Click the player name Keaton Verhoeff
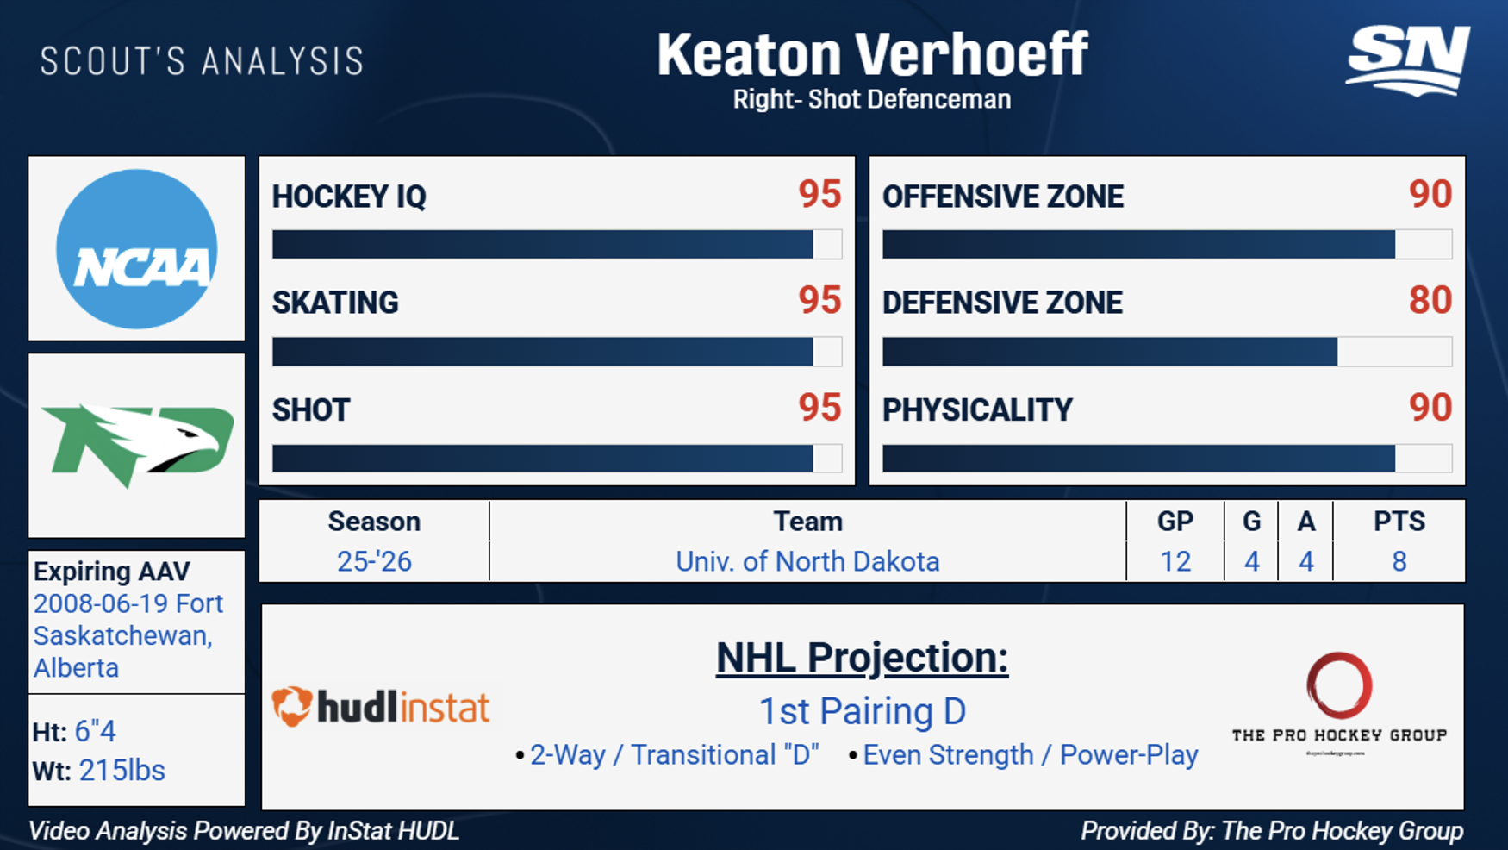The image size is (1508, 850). [x=871, y=55]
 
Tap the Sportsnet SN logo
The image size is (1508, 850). [x=1407, y=59]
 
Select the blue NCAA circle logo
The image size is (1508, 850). [x=136, y=249]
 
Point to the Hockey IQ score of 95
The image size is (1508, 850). [x=819, y=194]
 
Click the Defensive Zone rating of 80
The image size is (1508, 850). [x=1430, y=301]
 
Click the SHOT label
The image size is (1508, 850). [x=311, y=409]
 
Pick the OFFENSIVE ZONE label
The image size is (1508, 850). [x=1002, y=197]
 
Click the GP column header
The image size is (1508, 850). [x=1175, y=521]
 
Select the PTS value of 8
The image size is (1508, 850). [x=1399, y=561]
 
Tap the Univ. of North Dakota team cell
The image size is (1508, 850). [x=807, y=561]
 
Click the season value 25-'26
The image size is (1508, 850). [x=374, y=561]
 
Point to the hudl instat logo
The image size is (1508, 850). [x=380, y=707]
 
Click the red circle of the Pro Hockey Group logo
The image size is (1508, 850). [x=1338, y=684]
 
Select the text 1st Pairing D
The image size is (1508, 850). [x=862, y=711]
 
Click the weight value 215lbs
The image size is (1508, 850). [x=122, y=770]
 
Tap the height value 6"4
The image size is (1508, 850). [x=95, y=731]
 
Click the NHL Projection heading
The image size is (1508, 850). [x=862, y=658]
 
